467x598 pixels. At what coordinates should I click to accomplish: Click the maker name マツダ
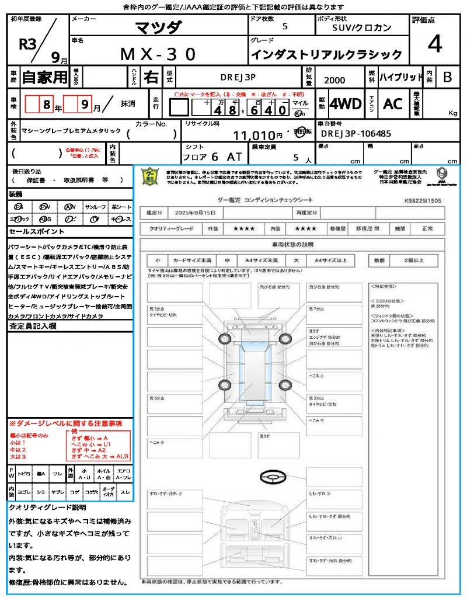pos(158,27)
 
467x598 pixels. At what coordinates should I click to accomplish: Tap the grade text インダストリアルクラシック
pos(326,55)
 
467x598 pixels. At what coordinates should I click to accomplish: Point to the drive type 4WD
pos(346,104)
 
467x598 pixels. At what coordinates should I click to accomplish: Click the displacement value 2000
pos(334,81)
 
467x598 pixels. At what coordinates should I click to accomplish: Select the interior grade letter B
pos(447,77)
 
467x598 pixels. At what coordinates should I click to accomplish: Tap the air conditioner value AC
pos(393,104)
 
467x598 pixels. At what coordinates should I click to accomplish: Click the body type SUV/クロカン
pos(362,27)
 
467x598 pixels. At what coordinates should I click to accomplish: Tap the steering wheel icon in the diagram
pos(272,478)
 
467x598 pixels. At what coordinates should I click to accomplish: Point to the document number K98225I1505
pos(423,200)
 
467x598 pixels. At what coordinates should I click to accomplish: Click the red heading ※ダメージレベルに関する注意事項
pos(65,423)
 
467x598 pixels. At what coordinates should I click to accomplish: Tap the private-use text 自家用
pos(44,77)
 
